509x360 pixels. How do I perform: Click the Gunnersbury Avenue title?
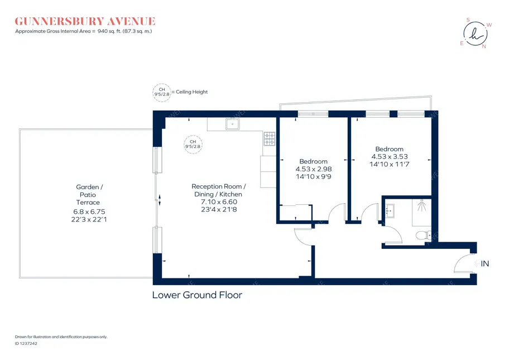coord(85,21)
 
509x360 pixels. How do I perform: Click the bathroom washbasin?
coord(390,211)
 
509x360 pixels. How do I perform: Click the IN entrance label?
coord(484,263)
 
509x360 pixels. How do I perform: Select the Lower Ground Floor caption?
coord(197,295)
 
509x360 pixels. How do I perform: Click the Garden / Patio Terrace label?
coord(89,195)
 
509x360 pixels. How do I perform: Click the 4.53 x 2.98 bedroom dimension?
coord(313,169)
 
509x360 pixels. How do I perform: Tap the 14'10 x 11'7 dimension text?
coord(389,165)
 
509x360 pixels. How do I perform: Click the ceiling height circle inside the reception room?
coord(193,144)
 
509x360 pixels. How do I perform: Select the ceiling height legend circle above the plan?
coord(162,92)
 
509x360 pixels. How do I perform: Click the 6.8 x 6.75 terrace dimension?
coord(89,212)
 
